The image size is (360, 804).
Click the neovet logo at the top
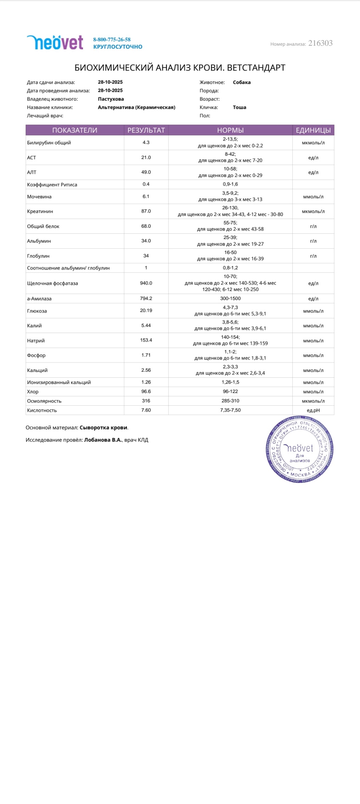[55, 43]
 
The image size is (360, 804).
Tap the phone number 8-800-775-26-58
[112, 40]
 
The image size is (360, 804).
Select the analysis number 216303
[320, 43]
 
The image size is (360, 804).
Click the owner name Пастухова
[111, 99]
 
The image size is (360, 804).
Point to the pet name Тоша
[239, 107]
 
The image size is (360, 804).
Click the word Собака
[242, 82]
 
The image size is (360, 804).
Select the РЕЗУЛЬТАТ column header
[146, 130]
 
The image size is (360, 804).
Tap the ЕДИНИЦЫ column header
[313, 130]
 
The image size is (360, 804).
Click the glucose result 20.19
[146, 310]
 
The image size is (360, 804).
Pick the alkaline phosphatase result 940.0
[146, 283]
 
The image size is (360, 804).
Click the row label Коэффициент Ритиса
[52, 184]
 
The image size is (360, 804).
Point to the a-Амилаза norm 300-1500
[230, 299]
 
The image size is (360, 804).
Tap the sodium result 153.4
[146, 340]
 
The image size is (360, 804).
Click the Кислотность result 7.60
[146, 410]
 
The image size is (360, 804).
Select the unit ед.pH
[313, 410]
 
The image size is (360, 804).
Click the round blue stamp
[300, 449]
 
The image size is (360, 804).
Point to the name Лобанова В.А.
[103, 440]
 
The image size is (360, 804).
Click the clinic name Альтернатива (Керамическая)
[137, 107]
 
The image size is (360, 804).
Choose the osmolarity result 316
[146, 401]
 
